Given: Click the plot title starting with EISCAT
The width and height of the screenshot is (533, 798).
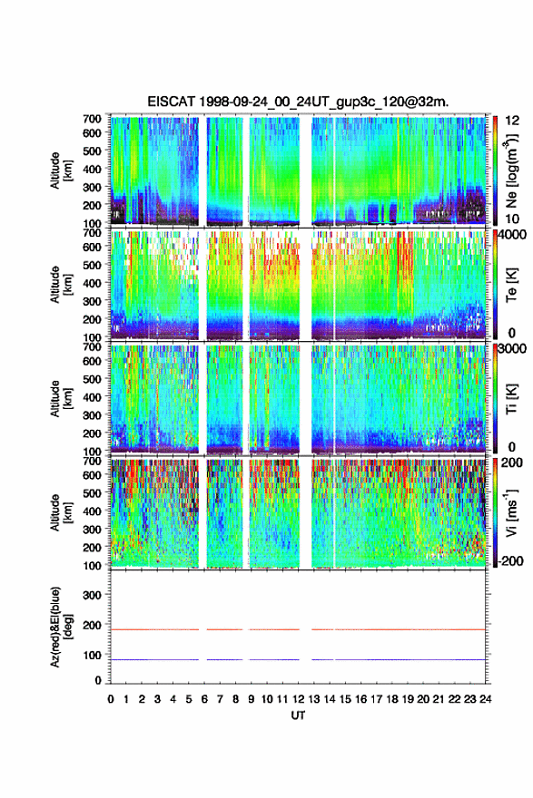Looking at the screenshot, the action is tap(298, 102).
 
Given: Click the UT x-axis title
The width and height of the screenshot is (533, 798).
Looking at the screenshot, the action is tap(298, 715).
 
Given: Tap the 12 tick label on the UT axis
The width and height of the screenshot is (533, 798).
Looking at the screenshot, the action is tap(298, 699).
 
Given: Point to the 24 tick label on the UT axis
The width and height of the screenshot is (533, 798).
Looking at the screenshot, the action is tap(485, 699).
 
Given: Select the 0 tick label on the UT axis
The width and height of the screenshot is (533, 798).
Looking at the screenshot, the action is tap(111, 699).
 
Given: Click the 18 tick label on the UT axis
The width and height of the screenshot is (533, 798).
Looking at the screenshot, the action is tap(392, 699).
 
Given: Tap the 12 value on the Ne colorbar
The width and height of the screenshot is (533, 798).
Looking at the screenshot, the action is tap(512, 121).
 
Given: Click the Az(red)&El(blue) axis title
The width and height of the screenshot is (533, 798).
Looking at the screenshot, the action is tap(59, 627).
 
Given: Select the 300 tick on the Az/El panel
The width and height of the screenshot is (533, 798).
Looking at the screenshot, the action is tap(92, 595).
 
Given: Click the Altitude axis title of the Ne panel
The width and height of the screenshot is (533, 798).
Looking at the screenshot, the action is tap(59, 170).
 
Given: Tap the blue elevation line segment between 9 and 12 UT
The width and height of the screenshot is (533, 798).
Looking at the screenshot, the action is tap(274, 659).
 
